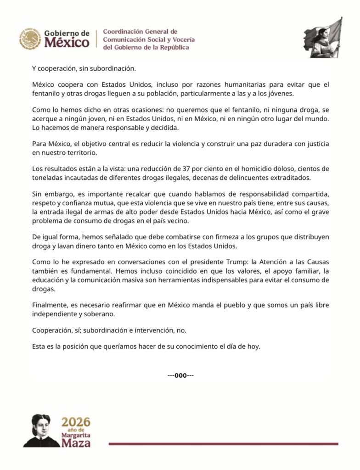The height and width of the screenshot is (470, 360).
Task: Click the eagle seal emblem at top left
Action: tap(30, 39)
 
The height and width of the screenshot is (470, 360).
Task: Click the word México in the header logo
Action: tap(67, 43)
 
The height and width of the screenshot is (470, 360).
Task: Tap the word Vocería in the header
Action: tap(183, 39)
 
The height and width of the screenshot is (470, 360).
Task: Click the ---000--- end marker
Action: tap(180, 375)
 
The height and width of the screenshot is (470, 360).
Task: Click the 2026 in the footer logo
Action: tap(76, 422)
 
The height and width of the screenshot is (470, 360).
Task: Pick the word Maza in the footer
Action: tap(76, 443)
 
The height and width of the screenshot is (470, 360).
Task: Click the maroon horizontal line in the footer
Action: tap(223, 444)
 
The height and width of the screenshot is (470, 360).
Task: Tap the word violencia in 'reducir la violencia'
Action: tap(177, 144)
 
